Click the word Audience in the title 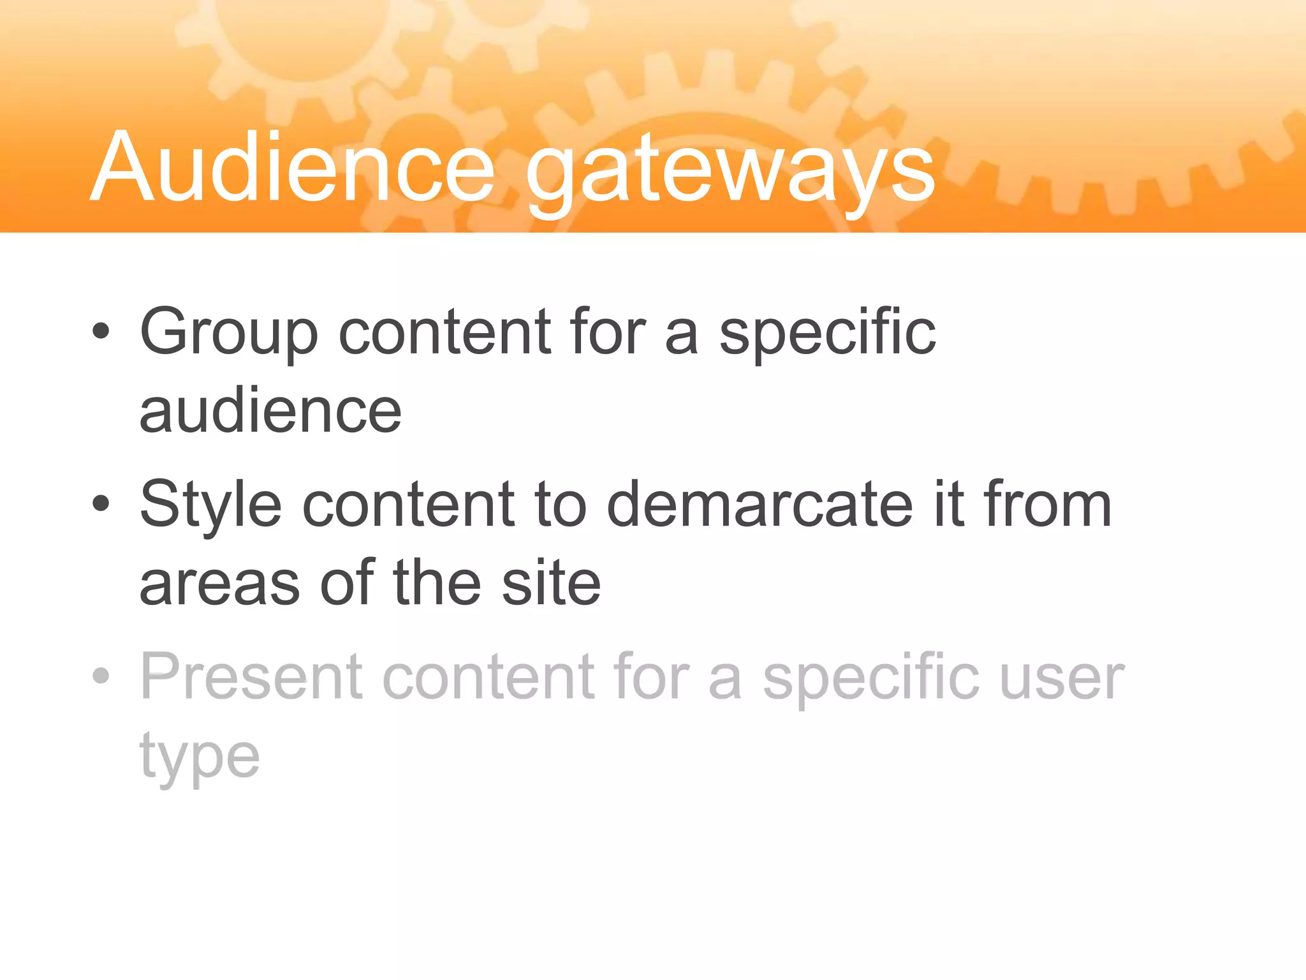(x=293, y=167)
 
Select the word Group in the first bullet (x=228, y=333)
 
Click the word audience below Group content (x=270, y=412)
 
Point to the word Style (x=210, y=505)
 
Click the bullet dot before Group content (x=101, y=332)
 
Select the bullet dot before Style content (x=101, y=504)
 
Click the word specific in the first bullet (x=827, y=333)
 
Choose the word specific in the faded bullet (x=871, y=678)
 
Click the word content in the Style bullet (x=409, y=505)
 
